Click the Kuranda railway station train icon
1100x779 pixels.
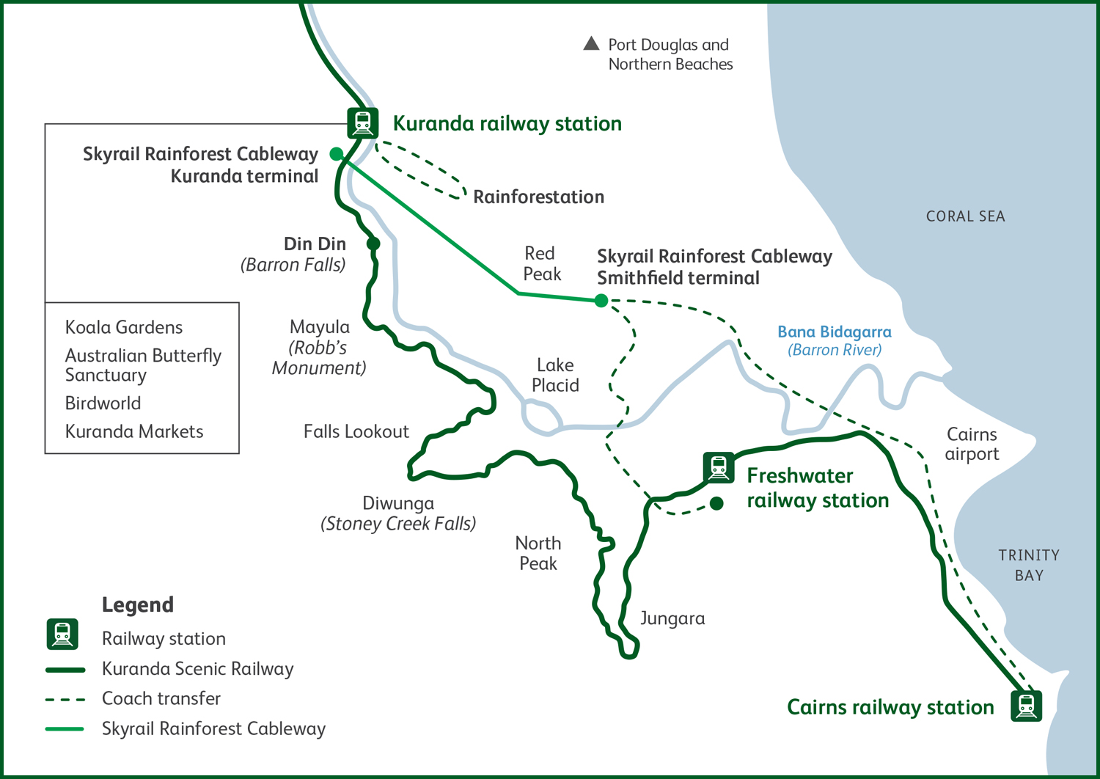click(362, 122)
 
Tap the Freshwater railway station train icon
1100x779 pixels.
click(719, 467)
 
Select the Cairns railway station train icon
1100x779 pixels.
click(1026, 706)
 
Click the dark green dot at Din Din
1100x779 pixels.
click(373, 244)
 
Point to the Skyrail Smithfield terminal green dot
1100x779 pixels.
click(601, 300)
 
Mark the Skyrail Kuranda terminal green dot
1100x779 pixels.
click(337, 153)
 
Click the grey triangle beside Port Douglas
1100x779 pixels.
click(591, 43)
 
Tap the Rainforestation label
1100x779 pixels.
click(538, 197)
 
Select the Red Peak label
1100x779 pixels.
click(541, 263)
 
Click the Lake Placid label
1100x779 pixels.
click(555, 375)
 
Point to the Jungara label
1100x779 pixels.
click(672, 618)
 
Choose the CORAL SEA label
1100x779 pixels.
click(965, 216)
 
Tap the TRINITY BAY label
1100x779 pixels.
click(1029, 565)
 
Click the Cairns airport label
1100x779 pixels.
click(972, 444)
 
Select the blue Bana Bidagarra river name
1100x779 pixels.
click(835, 332)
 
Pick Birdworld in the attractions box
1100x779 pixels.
click(103, 403)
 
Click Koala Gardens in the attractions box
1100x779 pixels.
click(124, 327)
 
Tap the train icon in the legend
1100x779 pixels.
click(62, 634)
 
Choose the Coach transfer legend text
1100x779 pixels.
click(161, 698)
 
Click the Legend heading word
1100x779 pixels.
click(138, 605)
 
